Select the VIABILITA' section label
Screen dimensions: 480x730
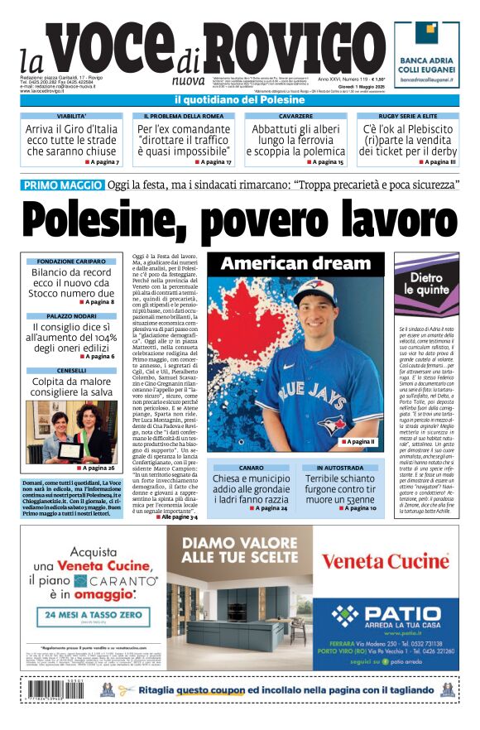(x=71, y=117)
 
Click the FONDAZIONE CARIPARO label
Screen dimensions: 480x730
(x=71, y=261)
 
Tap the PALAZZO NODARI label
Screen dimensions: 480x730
(x=71, y=316)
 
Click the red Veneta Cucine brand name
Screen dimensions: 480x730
(x=385, y=561)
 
